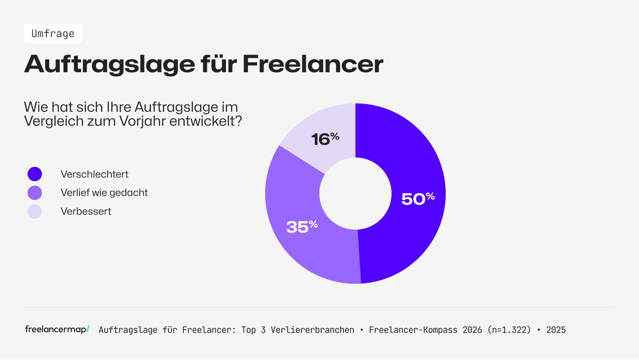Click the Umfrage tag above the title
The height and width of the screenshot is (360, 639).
[53, 34]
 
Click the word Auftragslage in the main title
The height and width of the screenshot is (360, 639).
[110, 64]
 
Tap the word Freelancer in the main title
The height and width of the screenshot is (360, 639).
[313, 64]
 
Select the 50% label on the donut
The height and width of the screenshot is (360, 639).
[417, 198]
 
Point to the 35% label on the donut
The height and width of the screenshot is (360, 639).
[302, 226]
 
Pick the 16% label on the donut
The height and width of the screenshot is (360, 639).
[325, 139]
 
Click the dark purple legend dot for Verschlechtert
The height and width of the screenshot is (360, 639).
[35, 174]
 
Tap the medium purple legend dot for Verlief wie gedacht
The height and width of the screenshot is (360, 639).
[35, 193]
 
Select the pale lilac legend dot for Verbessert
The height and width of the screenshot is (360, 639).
[35, 212]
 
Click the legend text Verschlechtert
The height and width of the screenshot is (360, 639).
[95, 174]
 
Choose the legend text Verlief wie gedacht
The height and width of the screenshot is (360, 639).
[104, 193]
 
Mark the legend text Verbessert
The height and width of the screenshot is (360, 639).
[86, 212]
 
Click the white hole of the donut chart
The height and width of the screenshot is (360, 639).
[355, 194]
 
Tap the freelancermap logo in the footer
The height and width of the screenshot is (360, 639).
[57, 329]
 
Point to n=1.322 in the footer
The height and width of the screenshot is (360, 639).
[509, 330]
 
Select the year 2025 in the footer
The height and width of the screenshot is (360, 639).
[556, 330]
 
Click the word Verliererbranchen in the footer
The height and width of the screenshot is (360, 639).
[312, 330]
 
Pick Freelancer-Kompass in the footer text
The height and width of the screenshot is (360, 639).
[413, 330]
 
